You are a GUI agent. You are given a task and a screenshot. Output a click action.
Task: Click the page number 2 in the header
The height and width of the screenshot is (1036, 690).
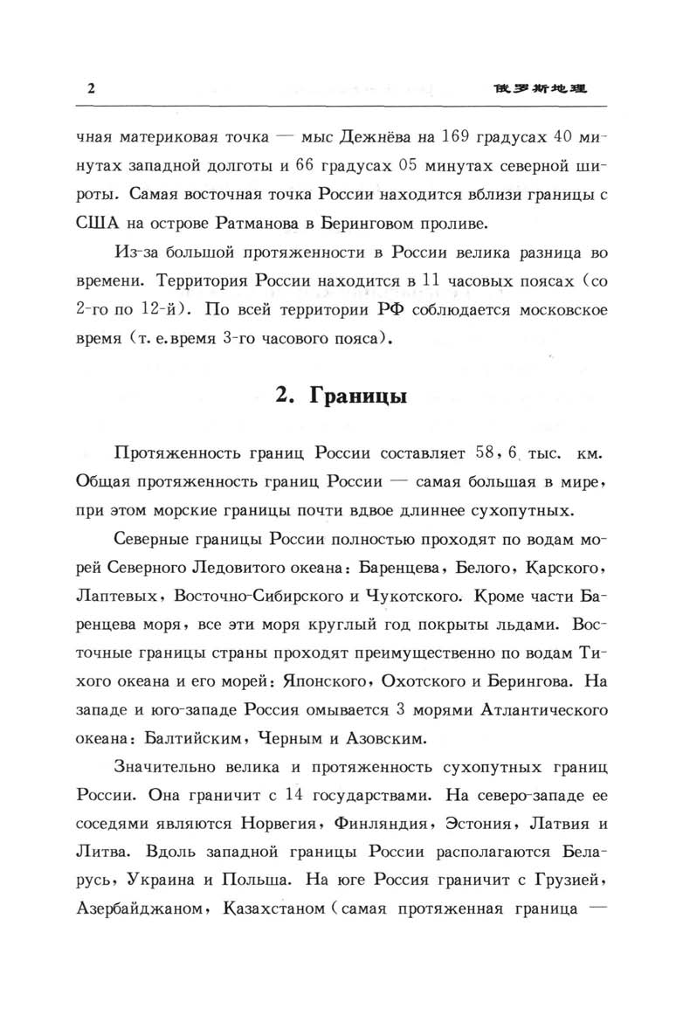(91, 90)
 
